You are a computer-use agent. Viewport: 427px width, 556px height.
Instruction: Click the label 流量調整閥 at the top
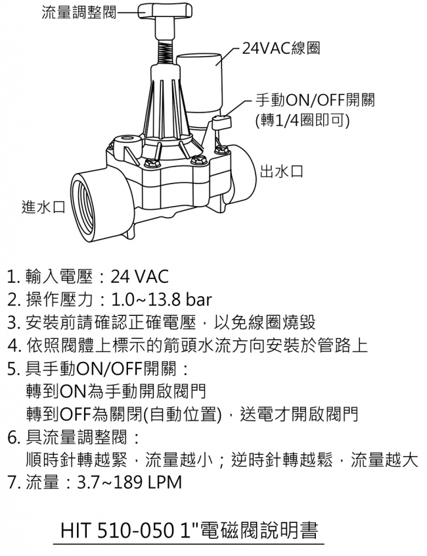tap(79, 13)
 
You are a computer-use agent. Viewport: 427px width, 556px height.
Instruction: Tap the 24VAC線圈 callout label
tap(281, 48)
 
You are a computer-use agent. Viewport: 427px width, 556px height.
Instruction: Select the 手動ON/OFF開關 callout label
tap(315, 101)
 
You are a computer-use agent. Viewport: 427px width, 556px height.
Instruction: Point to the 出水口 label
tap(282, 171)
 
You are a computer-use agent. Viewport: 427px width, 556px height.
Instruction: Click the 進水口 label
tap(43, 207)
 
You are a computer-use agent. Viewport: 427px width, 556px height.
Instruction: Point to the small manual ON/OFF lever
tap(221, 122)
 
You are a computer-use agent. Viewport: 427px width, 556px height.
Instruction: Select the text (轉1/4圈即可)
tap(302, 121)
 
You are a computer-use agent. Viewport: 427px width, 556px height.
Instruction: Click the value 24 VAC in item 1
tap(139, 276)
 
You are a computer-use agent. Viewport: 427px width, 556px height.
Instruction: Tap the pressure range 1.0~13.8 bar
tap(162, 299)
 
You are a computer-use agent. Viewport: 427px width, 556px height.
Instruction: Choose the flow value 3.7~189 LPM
tap(129, 482)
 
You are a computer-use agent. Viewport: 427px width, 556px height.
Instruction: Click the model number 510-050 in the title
tap(136, 530)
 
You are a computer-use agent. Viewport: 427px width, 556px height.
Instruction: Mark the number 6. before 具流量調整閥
tap(14, 437)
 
